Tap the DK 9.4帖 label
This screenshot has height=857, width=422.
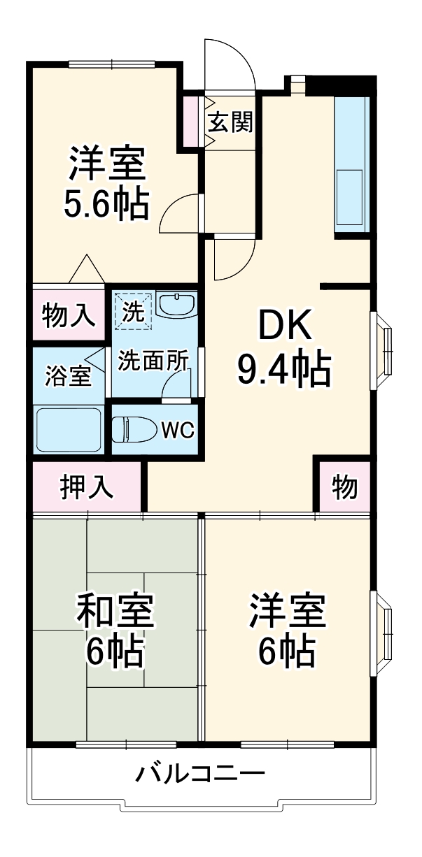point(283,347)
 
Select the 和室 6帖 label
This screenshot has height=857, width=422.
point(115,630)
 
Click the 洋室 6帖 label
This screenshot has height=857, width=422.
point(287,630)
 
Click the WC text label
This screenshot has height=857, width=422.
point(178,430)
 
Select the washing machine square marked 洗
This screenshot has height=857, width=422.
point(132,308)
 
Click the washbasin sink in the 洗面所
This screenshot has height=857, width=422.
point(176,305)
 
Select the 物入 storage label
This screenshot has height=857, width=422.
point(68,316)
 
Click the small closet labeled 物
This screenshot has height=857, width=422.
point(344,487)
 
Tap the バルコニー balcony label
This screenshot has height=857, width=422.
point(200,775)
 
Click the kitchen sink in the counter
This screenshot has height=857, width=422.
point(350,195)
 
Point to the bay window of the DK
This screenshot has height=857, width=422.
point(382,350)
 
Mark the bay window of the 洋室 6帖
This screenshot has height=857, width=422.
point(382,633)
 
